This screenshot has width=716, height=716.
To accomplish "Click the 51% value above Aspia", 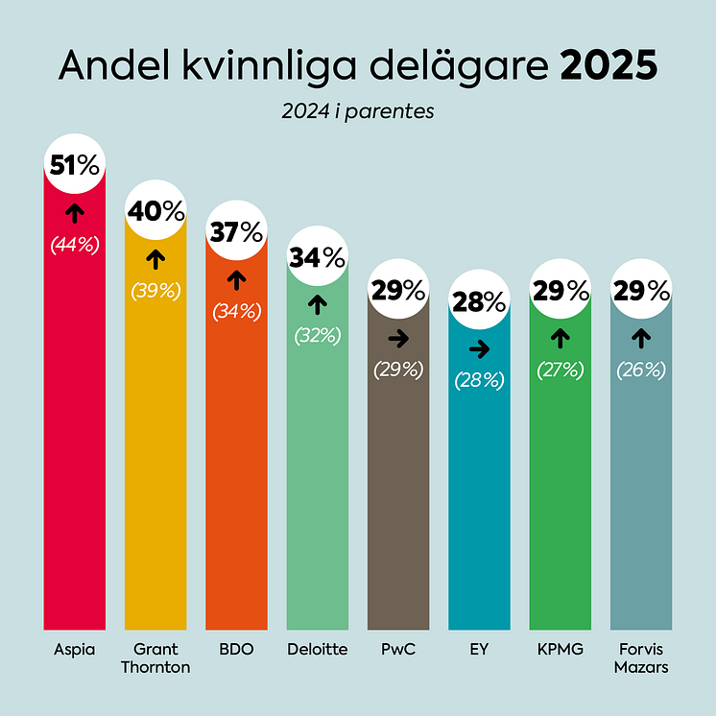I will click(75, 166).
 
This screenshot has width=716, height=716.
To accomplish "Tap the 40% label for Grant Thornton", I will click(155, 212).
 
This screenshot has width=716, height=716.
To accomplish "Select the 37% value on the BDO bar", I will click(237, 232).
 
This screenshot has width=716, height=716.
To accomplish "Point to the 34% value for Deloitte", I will click(318, 257).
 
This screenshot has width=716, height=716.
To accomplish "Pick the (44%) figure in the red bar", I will click(75, 245).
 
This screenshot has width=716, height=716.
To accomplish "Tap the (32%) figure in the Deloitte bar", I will click(318, 335).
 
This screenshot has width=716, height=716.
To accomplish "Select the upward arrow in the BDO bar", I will click(237, 279).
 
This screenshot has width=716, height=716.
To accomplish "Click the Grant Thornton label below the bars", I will click(155, 658).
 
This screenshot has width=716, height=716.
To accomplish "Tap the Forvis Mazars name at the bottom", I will click(642, 658).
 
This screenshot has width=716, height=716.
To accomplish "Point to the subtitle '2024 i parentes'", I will click(358, 111).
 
